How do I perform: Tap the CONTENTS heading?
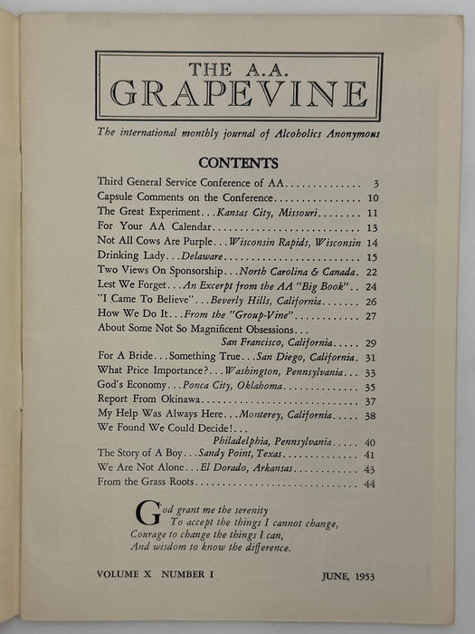238,164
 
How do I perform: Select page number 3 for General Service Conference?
374,184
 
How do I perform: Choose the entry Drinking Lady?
127,256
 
